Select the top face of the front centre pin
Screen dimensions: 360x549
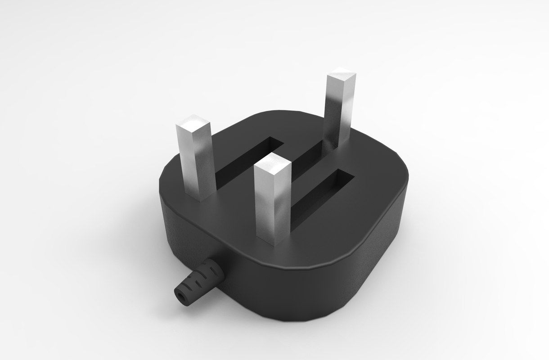click(272, 163)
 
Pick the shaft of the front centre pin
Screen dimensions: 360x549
click(273, 207)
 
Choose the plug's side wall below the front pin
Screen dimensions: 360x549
click(279, 288)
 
